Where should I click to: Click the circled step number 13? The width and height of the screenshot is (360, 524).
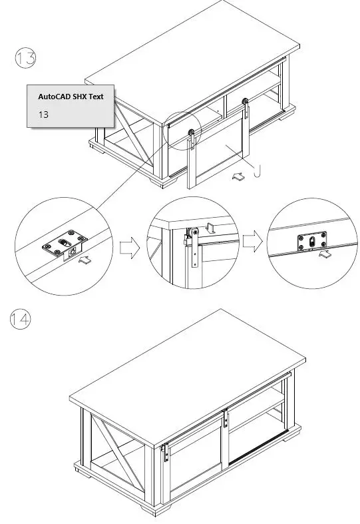click(25, 59)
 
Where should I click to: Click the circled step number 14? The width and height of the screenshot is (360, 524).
click(21, 320)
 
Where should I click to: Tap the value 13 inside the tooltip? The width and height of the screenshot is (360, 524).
click(43, 115)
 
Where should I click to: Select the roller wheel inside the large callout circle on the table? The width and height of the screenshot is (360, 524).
click(191, 135)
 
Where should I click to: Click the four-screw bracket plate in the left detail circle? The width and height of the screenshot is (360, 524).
click(65, 244)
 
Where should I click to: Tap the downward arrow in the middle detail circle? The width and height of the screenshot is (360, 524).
click(208, 228)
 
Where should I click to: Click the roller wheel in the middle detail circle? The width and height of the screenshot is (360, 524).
click(193, 234)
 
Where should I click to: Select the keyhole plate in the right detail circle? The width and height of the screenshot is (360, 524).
click(311, 242)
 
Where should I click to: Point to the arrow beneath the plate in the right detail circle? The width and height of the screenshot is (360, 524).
click(325, 255)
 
